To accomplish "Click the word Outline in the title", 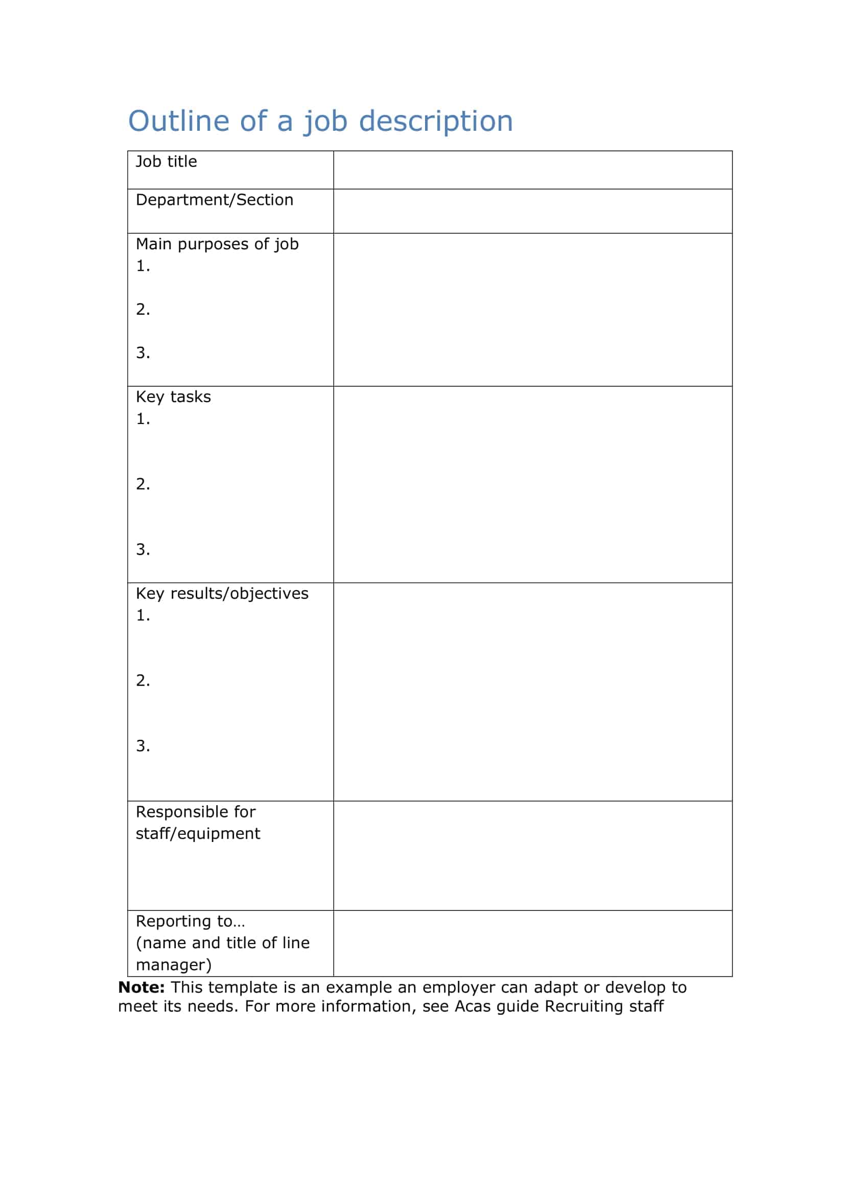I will point(178,121).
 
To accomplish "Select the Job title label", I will point(167,162).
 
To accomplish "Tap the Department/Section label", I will point(215,200).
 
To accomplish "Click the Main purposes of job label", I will point(217,244).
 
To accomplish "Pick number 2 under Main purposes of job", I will point(143,309).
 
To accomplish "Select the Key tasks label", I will point(173,397).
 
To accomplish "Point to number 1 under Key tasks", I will point(143,419).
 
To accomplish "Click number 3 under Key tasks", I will point(143,550).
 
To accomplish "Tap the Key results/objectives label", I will point(222,594).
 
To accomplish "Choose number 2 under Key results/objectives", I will point(143,680).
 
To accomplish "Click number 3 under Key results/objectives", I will point(143,746).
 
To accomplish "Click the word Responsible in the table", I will point(179,812).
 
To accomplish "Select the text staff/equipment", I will point(198,834).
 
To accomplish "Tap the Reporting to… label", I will point(190,921).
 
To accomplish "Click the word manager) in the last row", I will point(173,965).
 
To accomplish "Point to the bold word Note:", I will point(141,988).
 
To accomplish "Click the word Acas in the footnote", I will point(473,1006).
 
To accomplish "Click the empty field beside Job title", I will point(532,170).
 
